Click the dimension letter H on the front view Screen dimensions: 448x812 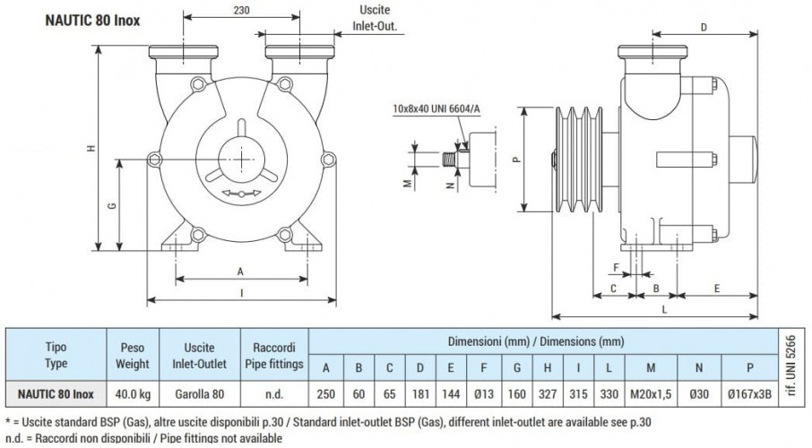tap(91, 149)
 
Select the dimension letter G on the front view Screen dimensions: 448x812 tap(111, 206)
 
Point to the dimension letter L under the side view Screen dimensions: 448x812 tap(662, 308)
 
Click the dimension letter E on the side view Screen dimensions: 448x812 tap(719, 288)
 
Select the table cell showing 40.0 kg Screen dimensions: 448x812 tap(133, 393)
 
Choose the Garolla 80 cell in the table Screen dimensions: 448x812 tap(199, 393)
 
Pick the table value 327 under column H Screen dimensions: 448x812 tap(546, 393)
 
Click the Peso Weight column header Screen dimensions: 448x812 tap(133, 356)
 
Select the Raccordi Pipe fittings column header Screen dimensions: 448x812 tap(273, 356)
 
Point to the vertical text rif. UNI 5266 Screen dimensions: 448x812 tap(789, 366)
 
